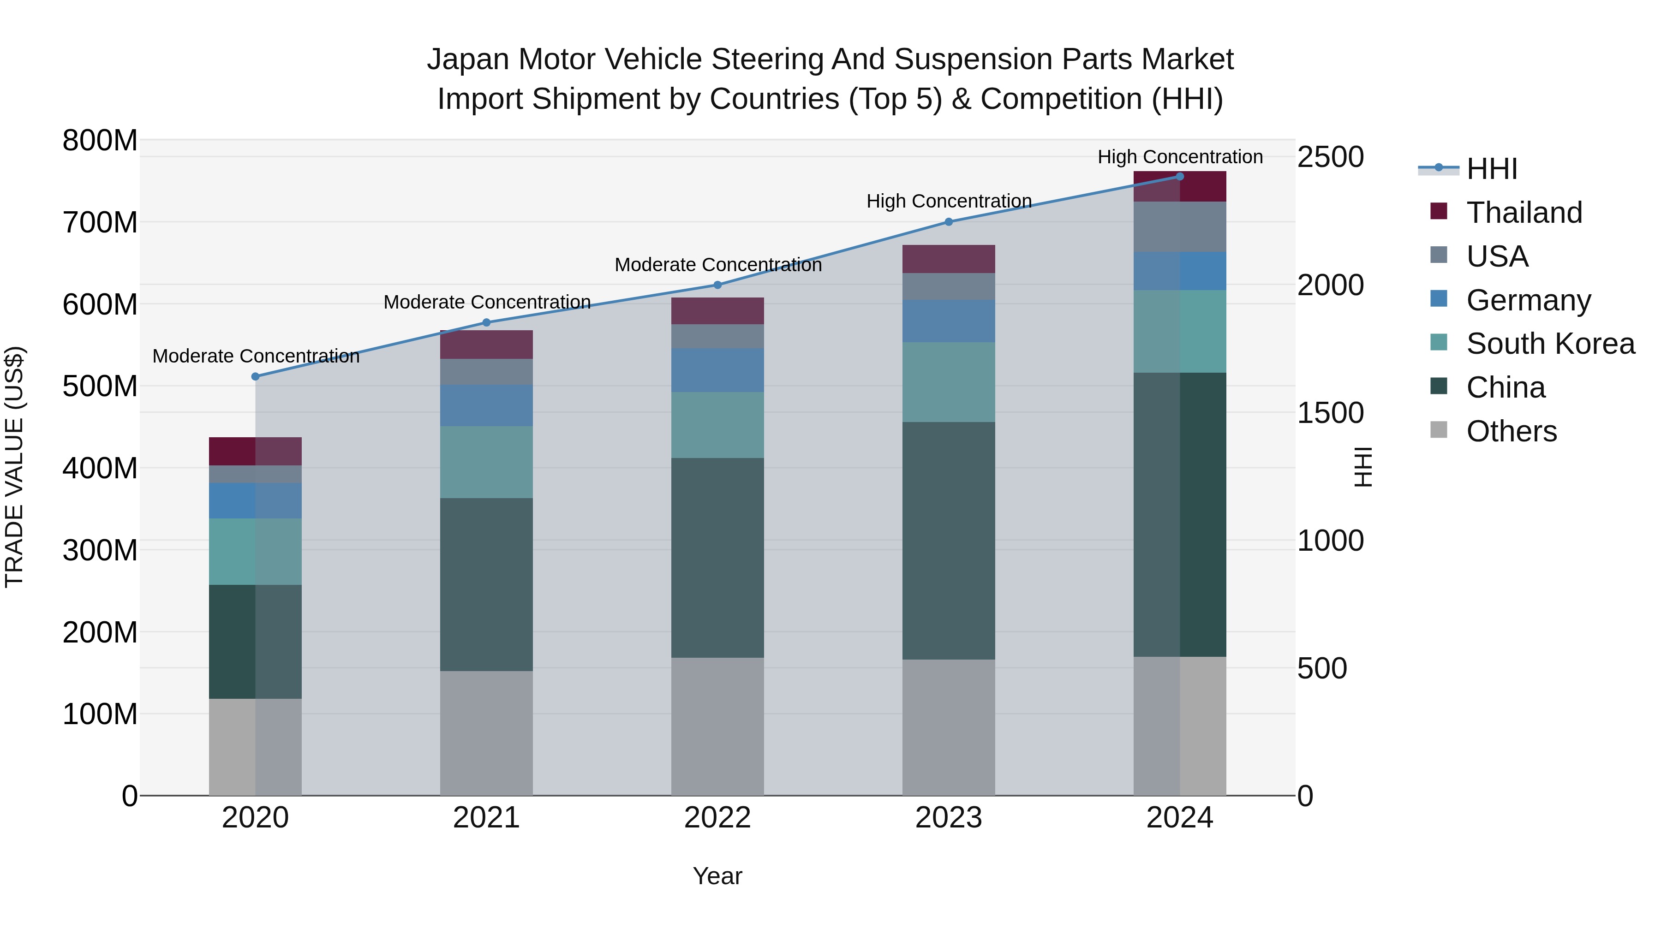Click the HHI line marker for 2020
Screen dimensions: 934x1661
255,376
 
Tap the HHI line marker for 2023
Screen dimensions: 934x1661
949,222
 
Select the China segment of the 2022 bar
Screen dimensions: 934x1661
717,558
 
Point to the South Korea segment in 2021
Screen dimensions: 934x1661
486,462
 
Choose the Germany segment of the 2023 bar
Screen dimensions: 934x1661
949,321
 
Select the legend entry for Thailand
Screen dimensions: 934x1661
1524,213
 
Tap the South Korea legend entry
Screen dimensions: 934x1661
1550,344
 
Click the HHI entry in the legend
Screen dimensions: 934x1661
1491,169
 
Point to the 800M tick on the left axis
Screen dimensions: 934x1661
100,141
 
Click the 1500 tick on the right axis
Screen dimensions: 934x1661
1330,413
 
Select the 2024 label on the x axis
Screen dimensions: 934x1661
1179,818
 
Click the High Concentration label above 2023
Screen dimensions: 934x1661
949,201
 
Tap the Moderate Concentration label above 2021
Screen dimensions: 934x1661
487,302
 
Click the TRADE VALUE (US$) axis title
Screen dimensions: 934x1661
14,467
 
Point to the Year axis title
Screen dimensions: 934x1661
717,876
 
